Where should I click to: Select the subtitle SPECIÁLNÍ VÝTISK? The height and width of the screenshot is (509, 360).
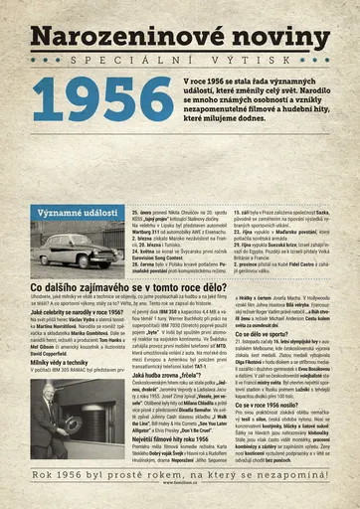[180, 61]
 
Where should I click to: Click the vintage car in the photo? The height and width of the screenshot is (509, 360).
[75, 249]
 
